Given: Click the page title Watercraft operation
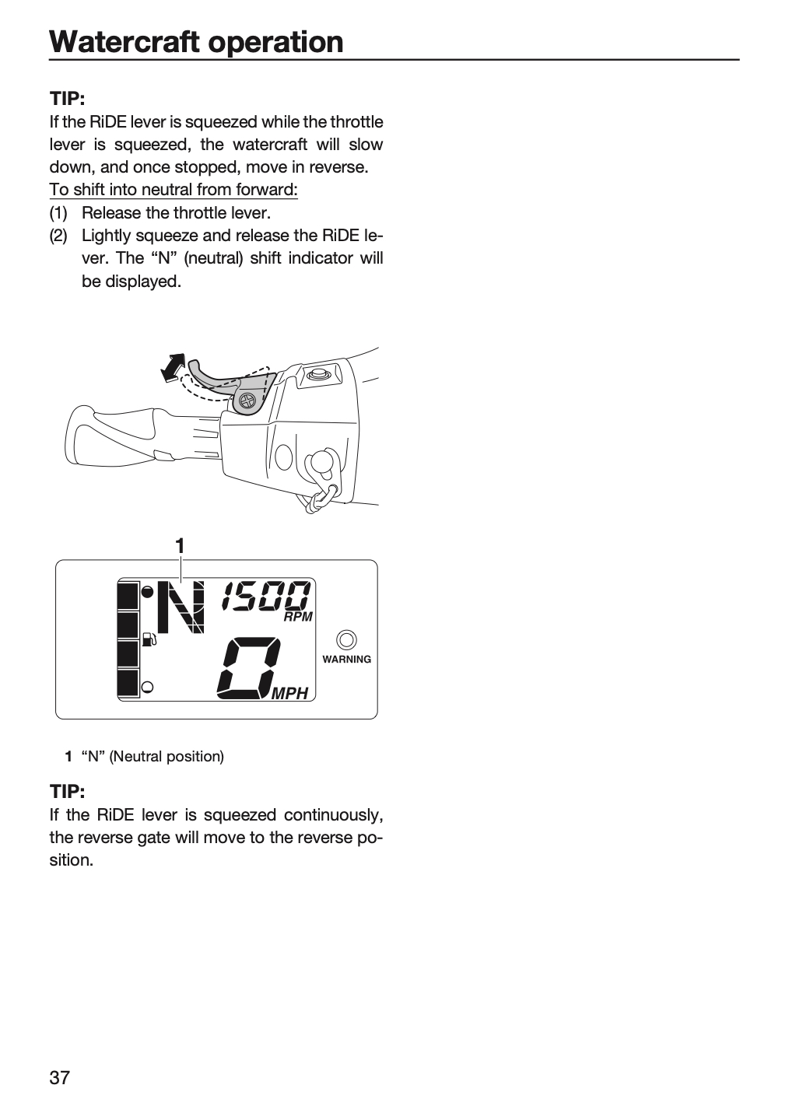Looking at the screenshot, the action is coord(196,41).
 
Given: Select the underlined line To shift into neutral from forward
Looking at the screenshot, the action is coord(174,190).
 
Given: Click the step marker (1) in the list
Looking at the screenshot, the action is coord(58,213).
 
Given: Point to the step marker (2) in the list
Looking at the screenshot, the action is coord(58,236).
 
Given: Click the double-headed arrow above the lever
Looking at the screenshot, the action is coord(173,368).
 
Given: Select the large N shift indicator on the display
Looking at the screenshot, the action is coord(181,607).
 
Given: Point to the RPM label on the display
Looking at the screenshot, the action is coord(298,617).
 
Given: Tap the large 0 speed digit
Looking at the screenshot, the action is coord(249,668).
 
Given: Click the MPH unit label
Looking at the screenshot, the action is coord(289,694).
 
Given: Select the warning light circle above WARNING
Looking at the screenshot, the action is coord(347,640).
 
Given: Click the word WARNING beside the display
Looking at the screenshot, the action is coord(347,660).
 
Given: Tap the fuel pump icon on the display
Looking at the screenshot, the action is coord(149,639).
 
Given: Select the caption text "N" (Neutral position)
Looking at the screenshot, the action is coord(153,757).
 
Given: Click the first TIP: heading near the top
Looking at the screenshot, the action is coord(67,99).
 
